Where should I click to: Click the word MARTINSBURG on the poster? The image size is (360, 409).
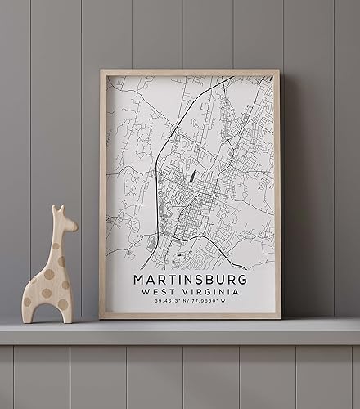[191, 279]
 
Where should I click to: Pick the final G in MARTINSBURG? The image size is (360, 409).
[245, 279]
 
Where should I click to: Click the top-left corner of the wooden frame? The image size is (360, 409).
[101, 72]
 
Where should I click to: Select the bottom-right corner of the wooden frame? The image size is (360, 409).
[279, 317]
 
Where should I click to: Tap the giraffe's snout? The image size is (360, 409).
[73, 226]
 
